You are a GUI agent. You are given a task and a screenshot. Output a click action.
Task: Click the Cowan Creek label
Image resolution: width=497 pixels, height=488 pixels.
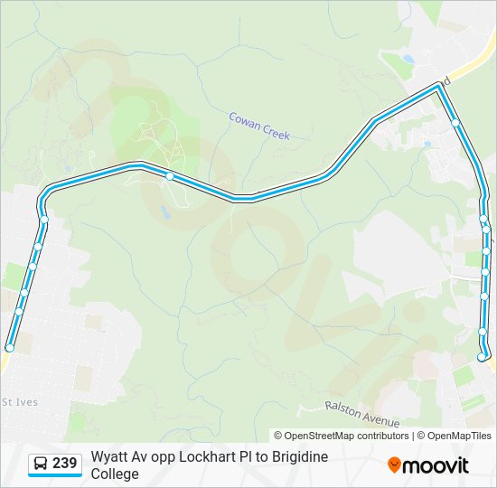coord(259,125)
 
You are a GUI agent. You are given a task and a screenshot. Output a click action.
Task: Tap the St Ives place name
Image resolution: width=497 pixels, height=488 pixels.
coord(20,401)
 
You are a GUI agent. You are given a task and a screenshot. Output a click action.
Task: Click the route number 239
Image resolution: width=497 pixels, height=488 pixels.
coord(64,464)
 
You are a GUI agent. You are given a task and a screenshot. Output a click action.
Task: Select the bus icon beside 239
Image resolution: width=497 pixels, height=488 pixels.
coord(42,464)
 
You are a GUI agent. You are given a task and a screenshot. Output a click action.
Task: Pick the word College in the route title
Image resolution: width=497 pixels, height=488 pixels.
coord(115,474)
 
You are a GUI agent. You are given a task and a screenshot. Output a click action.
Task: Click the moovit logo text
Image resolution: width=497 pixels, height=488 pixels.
coord(436,465)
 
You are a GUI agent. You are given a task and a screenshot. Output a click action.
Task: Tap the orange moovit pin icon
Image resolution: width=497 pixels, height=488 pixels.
coord(394,465)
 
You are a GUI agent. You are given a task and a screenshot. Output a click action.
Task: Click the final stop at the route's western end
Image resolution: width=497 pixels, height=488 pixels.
coord(10,347)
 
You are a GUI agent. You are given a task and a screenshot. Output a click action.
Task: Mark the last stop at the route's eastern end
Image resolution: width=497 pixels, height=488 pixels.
coord(482,358)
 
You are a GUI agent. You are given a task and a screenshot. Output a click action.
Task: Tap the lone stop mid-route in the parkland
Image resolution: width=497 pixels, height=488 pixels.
coord(169,176)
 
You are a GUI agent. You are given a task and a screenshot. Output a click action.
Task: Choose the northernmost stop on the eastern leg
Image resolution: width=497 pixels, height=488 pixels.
coord(455,123)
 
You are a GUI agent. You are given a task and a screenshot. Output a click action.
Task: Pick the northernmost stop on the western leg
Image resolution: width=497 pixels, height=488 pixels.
coord(43,220)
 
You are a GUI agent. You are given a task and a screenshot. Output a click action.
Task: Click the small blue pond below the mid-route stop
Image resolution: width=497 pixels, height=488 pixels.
coord(164,212)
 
